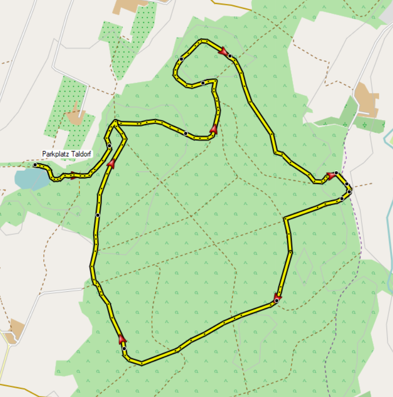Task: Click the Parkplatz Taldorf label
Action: click(x=67, y=154)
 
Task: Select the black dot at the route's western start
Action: click(x=35, y=165)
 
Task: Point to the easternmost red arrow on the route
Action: click(x=331, y=176)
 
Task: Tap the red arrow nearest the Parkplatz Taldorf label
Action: click(x=74, y=175)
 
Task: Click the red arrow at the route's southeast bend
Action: click(x=277, y=297)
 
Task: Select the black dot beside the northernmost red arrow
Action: click(x=230, y=57)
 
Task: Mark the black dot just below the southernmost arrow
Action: click(x=124, y=349)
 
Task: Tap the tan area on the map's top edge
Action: click(x=129, y=6)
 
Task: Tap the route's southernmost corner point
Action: click(x=141, y=364)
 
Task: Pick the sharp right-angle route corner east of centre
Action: click(x=285, y=218)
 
